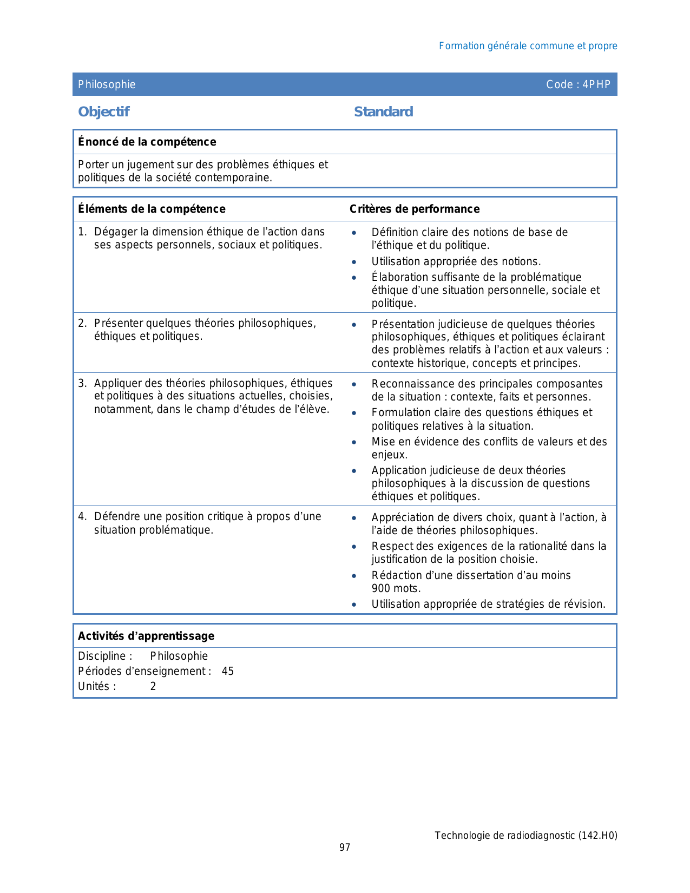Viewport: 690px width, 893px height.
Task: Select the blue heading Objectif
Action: click(x=104, y=111)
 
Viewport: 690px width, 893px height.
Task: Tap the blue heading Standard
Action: click(x=383, y=111)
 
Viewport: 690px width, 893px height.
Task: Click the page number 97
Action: click(x=345, y=848)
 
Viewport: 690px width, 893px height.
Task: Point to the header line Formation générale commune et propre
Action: click(x=528, y=46)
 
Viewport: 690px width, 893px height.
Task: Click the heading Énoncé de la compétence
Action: click(x=147, y=142)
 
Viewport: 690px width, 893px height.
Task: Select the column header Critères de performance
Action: click(x=415, y=209)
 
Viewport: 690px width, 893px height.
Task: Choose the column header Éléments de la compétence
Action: click(x=152, y=209)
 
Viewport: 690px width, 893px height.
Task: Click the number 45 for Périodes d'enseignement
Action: click(x=228, y=671)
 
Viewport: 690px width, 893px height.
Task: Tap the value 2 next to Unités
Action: click(x=153, y=686)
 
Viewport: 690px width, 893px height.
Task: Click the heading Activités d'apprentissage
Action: click(x=146, y=636)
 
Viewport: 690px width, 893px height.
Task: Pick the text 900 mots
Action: click(x=396, y=588)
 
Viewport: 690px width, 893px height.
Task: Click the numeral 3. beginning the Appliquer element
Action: click(x=82, y=384)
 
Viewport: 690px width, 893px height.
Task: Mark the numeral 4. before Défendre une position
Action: click(x=82, y=516)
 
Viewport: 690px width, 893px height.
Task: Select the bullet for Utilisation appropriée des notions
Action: click(x=354, y=262)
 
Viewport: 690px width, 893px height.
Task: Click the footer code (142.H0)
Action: click(x=597, y=835)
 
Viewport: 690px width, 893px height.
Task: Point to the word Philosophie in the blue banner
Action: click(x=107, y=84)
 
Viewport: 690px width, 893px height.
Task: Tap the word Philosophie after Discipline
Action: click(x=179, y=656)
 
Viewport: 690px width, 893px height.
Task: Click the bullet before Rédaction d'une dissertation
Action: click(x=354, y=576)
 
